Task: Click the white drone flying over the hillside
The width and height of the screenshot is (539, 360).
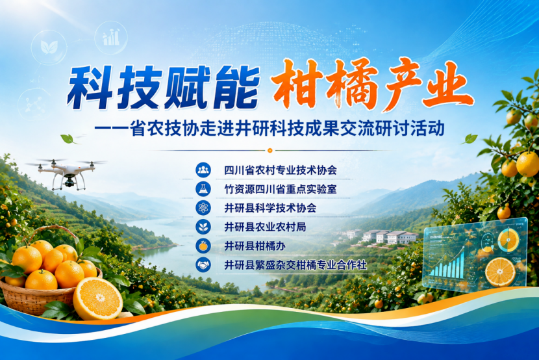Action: (x=66, y=173)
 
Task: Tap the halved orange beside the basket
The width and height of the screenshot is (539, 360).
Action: (x=98, y=298)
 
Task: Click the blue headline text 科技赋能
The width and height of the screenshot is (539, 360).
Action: (x=163, y=87)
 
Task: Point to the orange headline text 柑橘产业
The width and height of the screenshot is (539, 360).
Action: (x=372, y=84)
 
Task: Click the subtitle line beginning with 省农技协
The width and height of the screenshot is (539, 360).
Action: (x=269, y=128)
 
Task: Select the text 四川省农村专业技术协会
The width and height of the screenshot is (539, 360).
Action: (x=281, y=170)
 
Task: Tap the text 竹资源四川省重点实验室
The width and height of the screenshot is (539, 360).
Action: (x=281, y=188)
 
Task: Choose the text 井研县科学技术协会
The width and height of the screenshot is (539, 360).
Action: (x=270, y=208)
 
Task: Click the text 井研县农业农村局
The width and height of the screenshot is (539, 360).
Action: (x=265, y=227)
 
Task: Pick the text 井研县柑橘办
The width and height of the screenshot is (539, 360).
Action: (x=255, y=246)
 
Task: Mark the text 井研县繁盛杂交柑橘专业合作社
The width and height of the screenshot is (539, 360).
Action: (x=295, y=264)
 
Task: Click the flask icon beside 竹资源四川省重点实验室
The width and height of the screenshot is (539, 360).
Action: (x=203, y=188)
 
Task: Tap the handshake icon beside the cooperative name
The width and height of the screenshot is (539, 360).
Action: (x=203, y=264)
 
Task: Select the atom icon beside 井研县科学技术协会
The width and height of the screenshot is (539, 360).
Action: (x=203, y=208)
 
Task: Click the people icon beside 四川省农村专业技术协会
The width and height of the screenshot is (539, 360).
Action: (x=203, y=170)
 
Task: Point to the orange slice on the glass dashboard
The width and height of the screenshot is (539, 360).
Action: (x=500, y=272)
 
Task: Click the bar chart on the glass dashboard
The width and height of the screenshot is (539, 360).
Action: (x=447, y=264)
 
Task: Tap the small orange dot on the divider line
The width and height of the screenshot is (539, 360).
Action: (x=270, y=150)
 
